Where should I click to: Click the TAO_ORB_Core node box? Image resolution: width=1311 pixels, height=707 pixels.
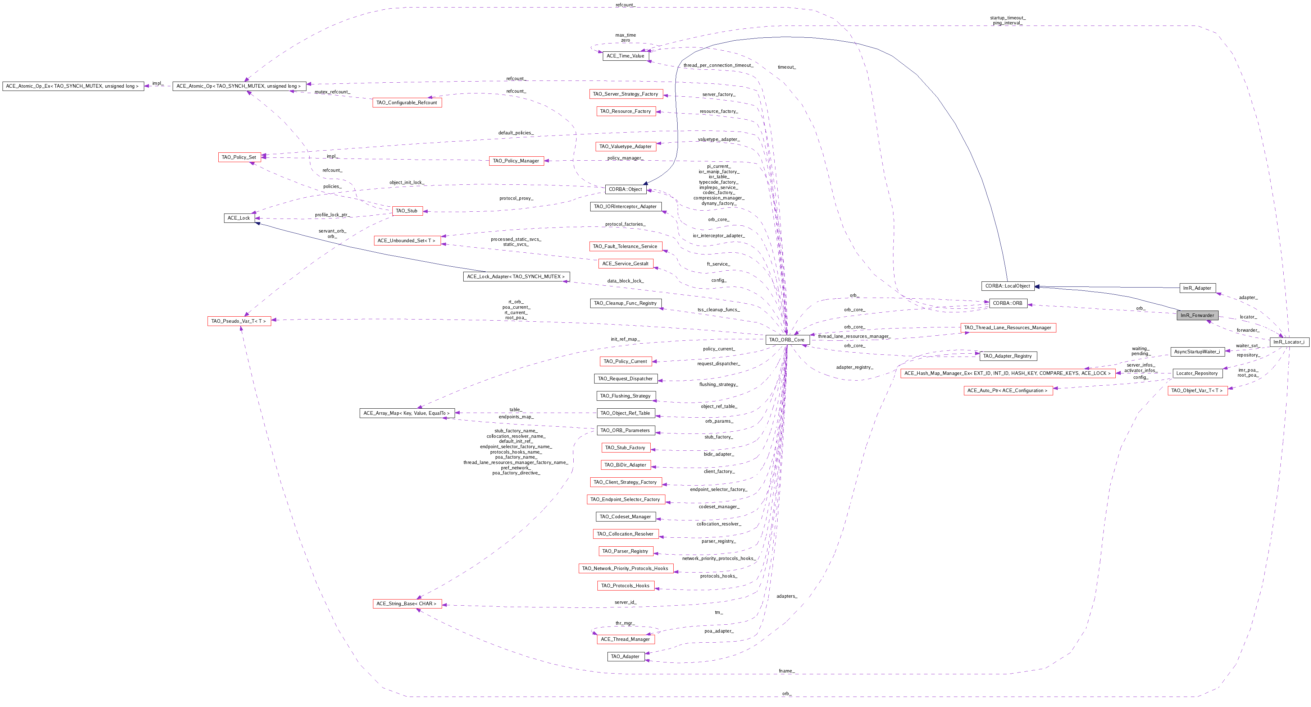[786, 340]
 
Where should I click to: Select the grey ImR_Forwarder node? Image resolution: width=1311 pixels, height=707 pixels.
[1197, 315]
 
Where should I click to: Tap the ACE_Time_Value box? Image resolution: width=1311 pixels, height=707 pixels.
[625, 56]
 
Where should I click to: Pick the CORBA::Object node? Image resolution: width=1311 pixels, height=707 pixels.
[625, 189]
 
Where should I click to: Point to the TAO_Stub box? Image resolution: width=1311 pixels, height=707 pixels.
[407, 211]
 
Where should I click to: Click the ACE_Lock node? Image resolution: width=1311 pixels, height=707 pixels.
[239, 218]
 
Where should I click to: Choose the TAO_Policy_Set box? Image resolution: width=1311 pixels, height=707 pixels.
[239, 157]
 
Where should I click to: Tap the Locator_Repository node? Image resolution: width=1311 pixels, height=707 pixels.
[1197, 373]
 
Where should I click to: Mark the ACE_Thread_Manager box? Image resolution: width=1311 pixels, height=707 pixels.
[625, 639]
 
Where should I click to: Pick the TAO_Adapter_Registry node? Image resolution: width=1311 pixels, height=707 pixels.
[1008, 356]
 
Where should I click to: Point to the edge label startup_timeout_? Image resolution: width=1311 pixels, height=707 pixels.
[1008, 18]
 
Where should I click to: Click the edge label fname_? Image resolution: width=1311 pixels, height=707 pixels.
[786, 671]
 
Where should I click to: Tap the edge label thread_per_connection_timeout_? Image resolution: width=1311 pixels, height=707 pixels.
[718, 65]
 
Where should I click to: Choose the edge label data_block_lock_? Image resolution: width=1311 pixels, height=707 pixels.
[625, 281]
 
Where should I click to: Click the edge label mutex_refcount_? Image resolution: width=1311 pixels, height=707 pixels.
[332, 92]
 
